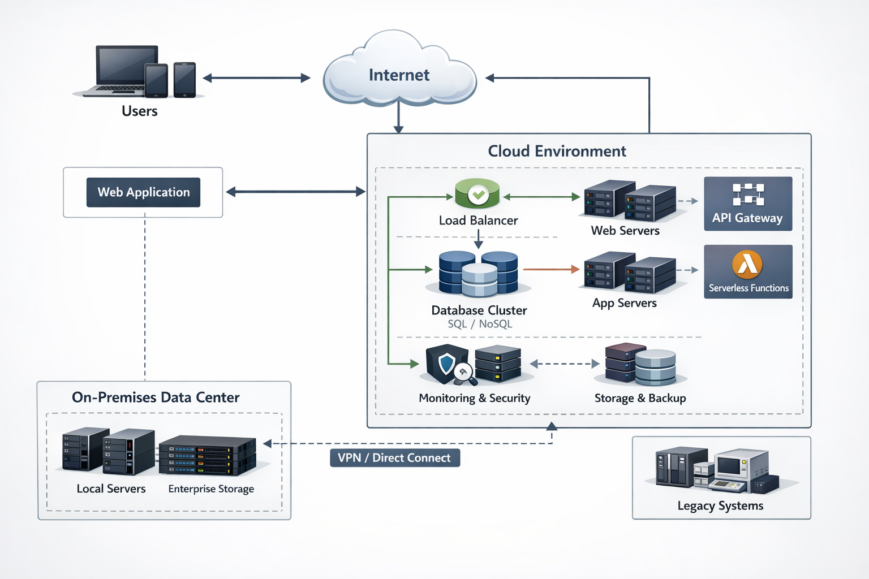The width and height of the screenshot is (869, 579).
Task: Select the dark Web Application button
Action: click(x=143, y=192)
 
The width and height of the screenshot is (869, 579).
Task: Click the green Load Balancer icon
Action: click(x=477, y=193)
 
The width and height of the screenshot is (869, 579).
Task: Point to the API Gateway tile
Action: click(x=748, y=204)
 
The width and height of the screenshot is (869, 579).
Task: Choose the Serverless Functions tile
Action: click(x=748, y=271)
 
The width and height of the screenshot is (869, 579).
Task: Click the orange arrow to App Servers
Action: click(x=551, y=270)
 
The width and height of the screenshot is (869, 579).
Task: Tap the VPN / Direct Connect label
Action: click(x=394, y=457)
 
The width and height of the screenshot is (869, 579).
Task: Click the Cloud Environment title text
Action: click(x=557, y=151)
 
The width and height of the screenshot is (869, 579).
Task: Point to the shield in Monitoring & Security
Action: click(x=447, y=364)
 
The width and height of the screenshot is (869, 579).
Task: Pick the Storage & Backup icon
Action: click(x=640, y=364)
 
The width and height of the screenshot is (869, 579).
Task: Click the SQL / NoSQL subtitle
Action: click(x=480, y=324)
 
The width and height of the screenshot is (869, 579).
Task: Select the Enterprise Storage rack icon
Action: click(x=207, y=455)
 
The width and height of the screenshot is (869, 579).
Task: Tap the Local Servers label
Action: click(x=111, y=489)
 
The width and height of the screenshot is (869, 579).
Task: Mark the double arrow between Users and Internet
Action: click(x=256, y=78)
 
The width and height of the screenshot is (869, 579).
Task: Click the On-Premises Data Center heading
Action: click(x=156, y=397)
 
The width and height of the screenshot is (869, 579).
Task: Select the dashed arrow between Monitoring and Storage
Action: click(x=564, y=364)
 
